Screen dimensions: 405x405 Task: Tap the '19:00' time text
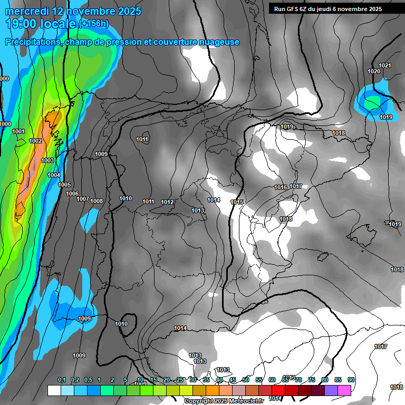pos(22,24)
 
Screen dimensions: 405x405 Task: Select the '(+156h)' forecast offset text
pos(93,24)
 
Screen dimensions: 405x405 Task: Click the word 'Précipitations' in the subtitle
pos(33,42)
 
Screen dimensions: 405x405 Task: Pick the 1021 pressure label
pos(385,65)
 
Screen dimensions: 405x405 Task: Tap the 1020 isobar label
pos(374,71)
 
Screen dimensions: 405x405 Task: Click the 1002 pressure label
pos(35,141)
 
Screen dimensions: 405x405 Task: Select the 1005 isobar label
pos(64,185)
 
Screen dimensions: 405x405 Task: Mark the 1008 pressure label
pos(97,201)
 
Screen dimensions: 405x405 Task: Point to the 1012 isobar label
pos(167,202)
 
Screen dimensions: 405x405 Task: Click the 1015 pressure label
pos(237,202)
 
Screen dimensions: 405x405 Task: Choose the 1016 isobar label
pos(281,187)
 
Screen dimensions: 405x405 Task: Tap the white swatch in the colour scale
pos(54,390)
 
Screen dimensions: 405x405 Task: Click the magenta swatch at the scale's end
pos(344,390)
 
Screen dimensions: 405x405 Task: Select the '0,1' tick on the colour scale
pos(61,380)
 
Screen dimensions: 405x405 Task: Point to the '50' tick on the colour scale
pos(246,380)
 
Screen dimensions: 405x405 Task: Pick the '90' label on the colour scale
pos(351,380)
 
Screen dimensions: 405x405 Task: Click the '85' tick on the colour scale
pos(338,380)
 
